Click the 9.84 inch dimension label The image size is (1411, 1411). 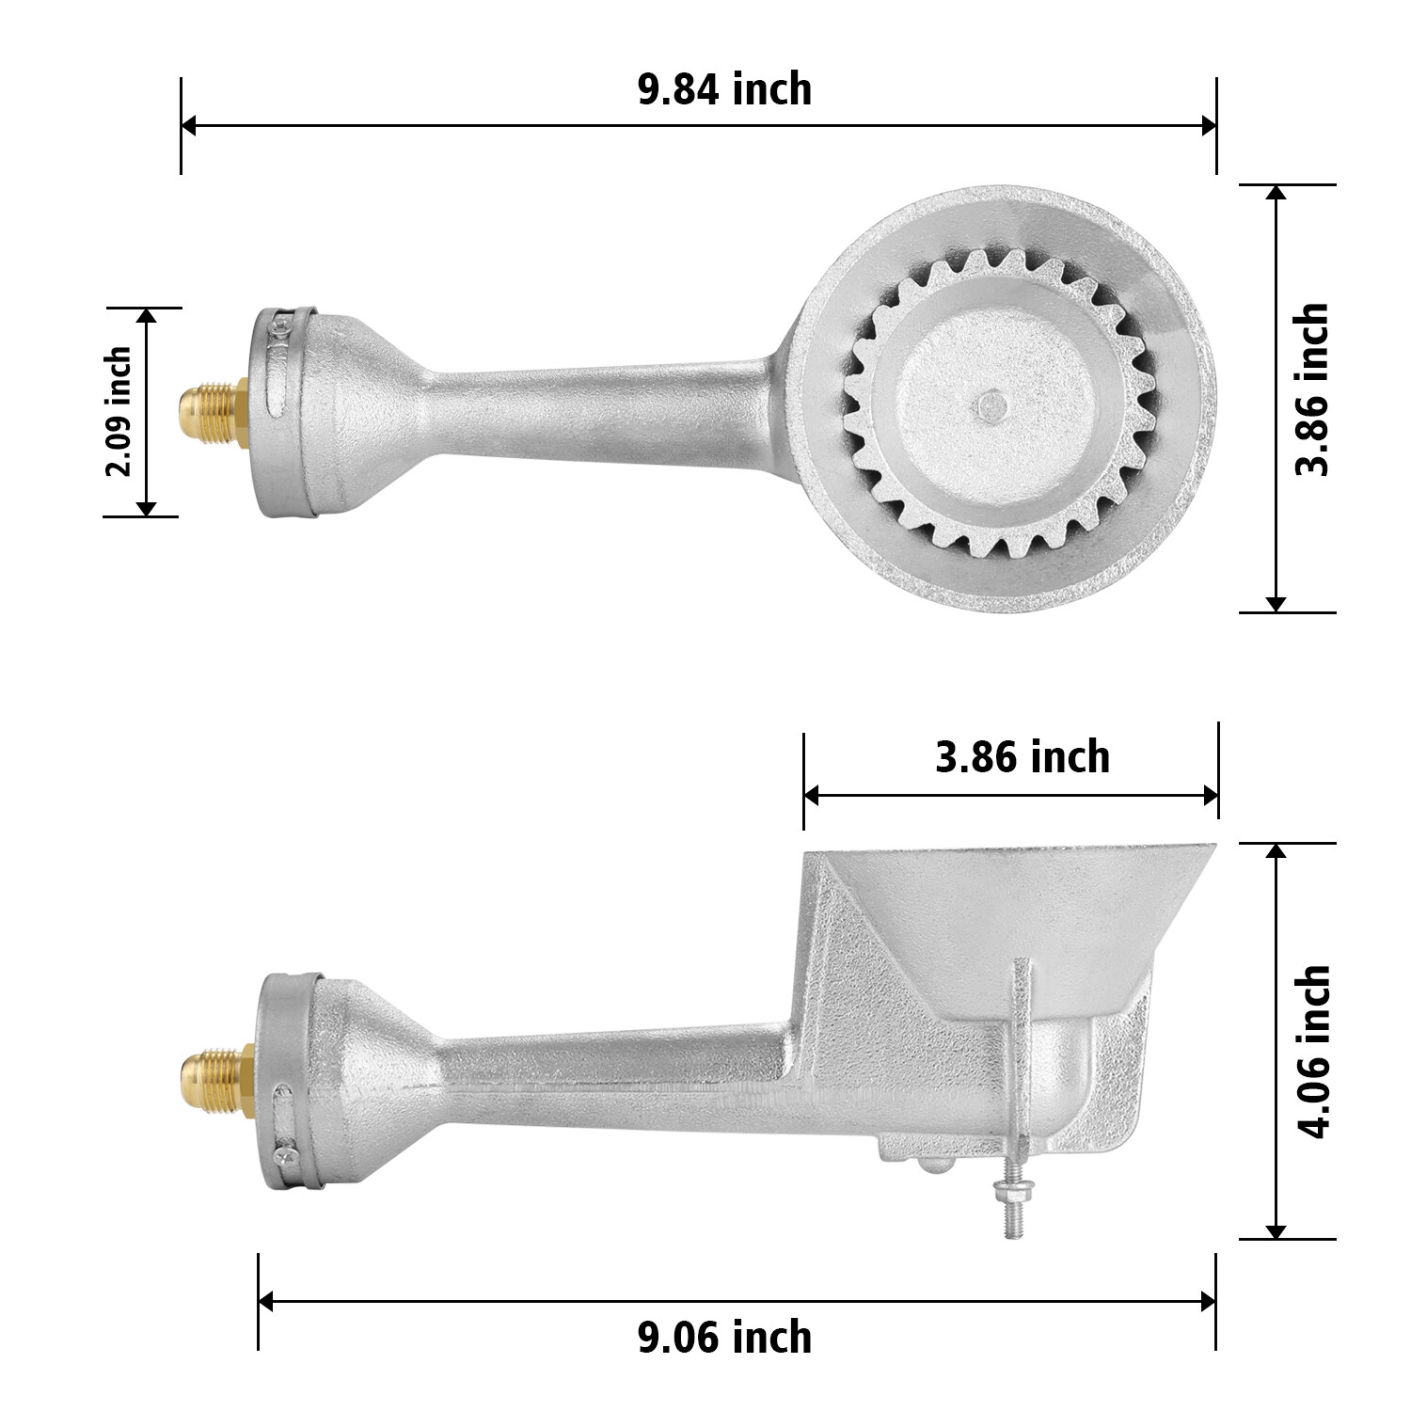724,90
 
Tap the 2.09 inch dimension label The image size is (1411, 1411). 119,412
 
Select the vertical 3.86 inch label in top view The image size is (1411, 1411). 1313,389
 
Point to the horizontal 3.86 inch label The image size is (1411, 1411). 1022,757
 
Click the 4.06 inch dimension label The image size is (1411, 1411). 1313,1051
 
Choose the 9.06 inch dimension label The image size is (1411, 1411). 724,1337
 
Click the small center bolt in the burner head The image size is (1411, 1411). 989,405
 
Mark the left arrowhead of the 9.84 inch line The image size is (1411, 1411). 189,125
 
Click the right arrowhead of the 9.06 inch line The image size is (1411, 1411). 1208,1302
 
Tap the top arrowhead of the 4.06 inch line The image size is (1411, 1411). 1276,852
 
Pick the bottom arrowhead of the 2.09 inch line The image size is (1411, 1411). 146,508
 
